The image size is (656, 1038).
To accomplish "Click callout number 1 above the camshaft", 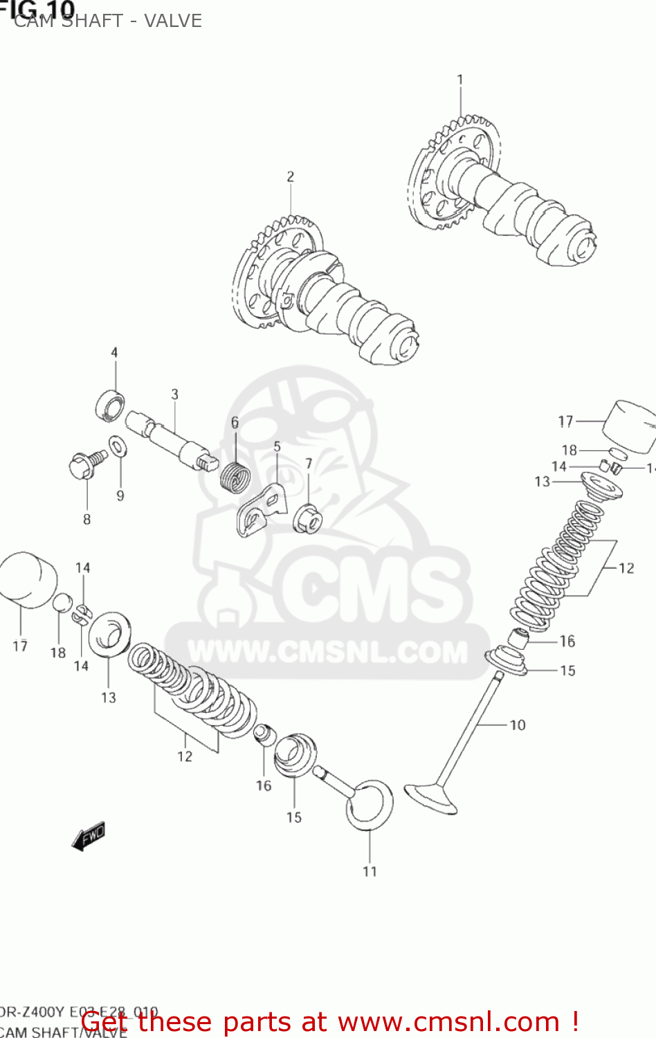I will click(460, 80).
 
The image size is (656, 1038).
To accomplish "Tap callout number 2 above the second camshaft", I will click(291, 177).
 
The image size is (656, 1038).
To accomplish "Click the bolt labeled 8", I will click(84, 464).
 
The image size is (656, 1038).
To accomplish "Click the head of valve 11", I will click(370, 805).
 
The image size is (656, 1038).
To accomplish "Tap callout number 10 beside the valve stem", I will click(518, 725).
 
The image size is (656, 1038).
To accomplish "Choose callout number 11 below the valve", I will click(370, 871).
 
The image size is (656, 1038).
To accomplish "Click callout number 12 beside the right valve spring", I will click(626, 568).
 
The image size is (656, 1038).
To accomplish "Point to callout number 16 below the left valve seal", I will click(264, 785).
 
